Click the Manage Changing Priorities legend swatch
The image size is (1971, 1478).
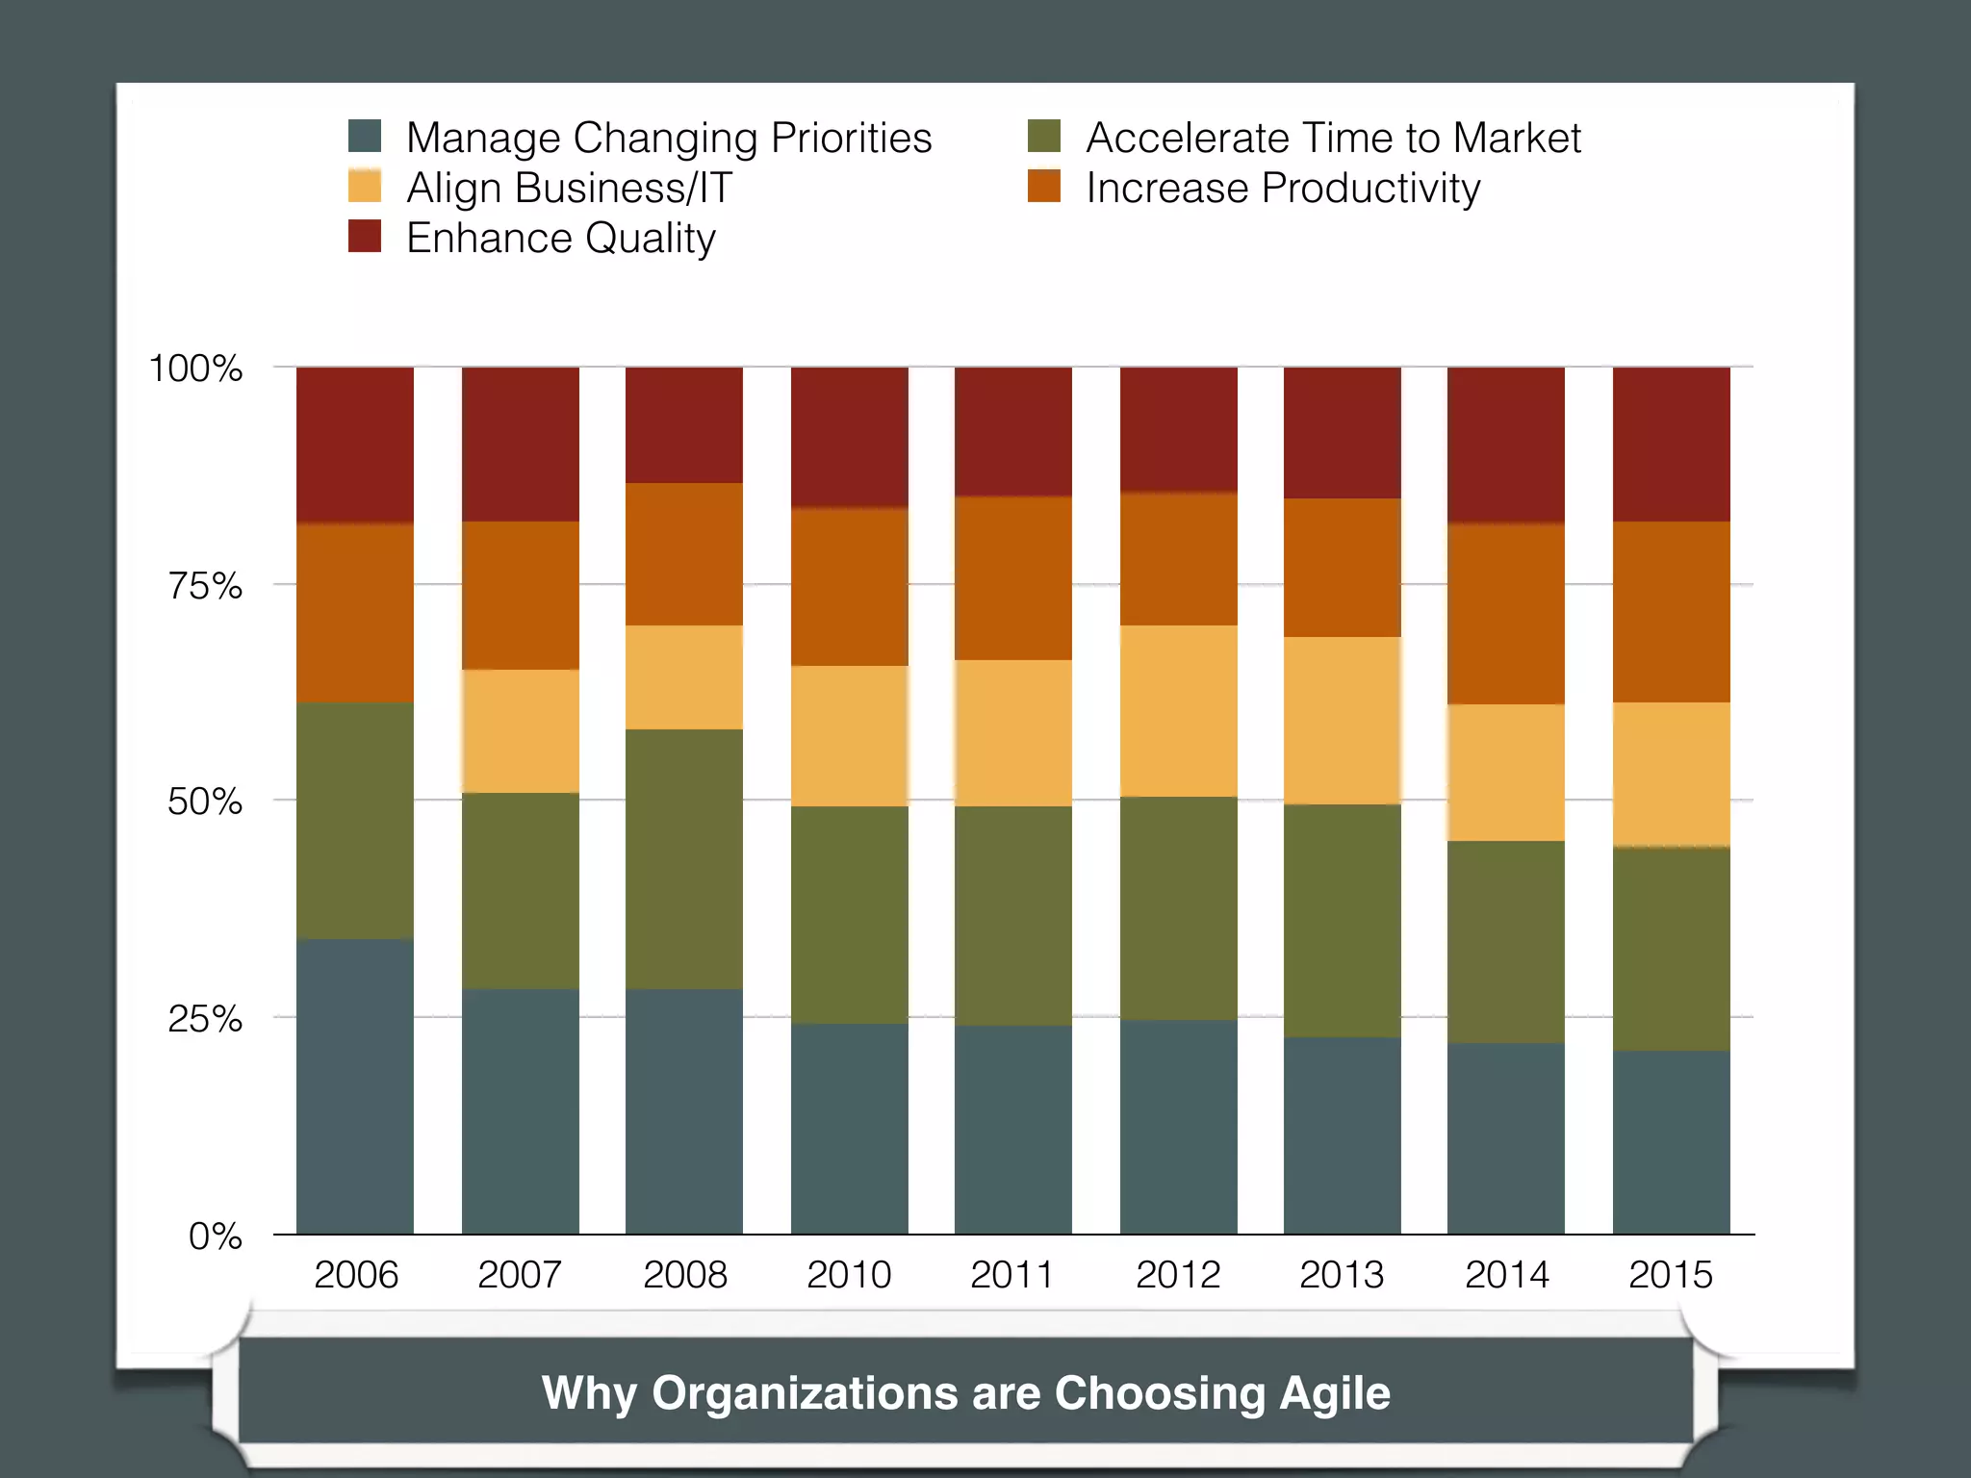pyautogui.click(x=365, y=136)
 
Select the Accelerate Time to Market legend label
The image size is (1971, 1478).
pyautogui.click(x=1332, y=138)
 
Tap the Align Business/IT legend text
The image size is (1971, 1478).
pyautogui.click(x=569, y=188)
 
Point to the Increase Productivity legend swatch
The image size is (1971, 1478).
pyautogui.click(x=1043, y=186)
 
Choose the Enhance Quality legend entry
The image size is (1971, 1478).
pyautogui.click(x=560, y=238)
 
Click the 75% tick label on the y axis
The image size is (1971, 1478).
pyautogui.click(x=205, y=586)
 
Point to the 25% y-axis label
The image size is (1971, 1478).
pyautogui.click(x=205, y=1019)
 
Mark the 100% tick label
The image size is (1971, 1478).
pyautogui.click(x=195, y=369)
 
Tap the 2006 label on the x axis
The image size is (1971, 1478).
pyautogui.click(x=355, y=1275)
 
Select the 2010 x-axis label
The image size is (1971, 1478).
pyautogui.click(x=849, y=1275)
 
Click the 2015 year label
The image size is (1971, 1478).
pyautogui.click(x=1671, y=1275)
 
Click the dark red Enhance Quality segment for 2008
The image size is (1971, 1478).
pyautogui.click(x=684, y=424)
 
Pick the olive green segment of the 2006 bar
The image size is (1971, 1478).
pyautogui.click(x=355, y=820)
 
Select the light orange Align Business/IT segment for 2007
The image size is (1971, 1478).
pyautogui.click(x=521, y=730)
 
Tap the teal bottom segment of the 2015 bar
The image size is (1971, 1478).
pyautogui.click(x=1671, y=1141)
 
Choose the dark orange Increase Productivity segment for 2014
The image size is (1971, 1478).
pyautogui.click(x=1506, y=613)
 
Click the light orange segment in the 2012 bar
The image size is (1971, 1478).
pyautogui.click(x=1178, y=710)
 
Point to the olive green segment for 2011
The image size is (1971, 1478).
pyautogui.click(x=1012, y=915)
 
